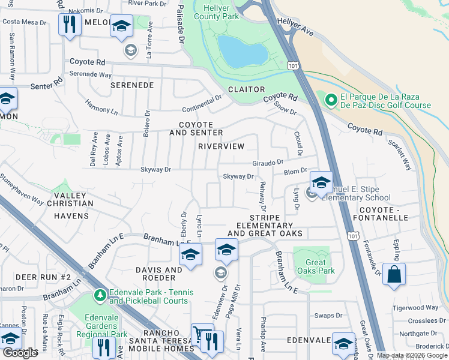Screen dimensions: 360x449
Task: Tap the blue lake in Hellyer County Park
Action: pyautogui.click(x=241, y=51)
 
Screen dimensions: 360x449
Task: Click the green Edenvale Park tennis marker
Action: pyautogui.click(x=100, y=295)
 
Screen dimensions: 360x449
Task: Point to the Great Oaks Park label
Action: pyautogui.click(x=311, y=266)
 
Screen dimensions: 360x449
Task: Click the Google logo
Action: pyautogui.click(x=20, y=352)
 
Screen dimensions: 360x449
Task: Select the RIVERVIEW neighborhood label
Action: pyautogui.click(x=221, y=146)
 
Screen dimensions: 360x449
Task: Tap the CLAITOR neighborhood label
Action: pyautogui.click(x=246, y=89)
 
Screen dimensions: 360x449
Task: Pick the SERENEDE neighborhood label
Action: pyautogui.click(x=132, y=86)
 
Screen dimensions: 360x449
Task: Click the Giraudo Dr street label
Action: pyautogui.click(x=267, y=162)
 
